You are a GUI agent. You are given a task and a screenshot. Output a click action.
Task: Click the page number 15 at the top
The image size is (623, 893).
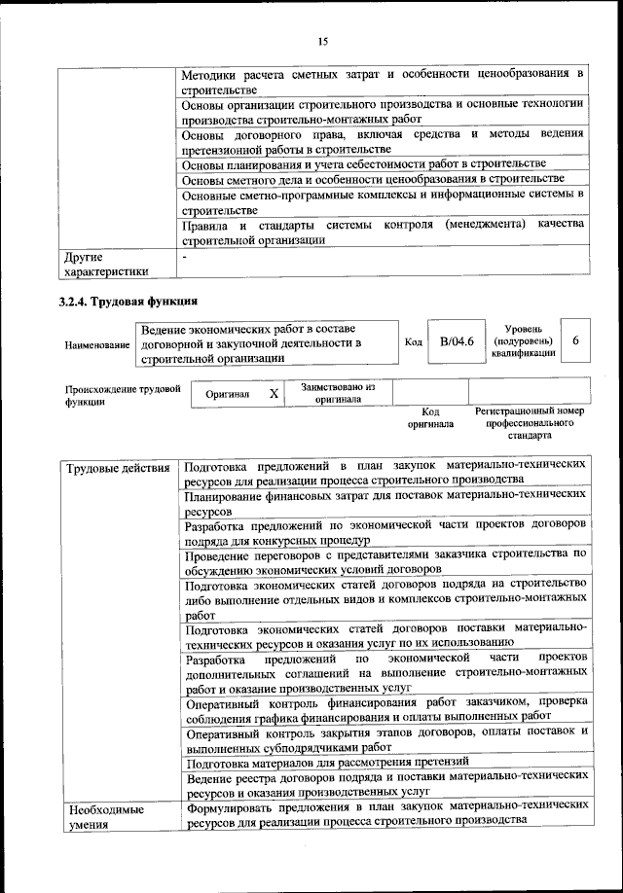coord(322,40)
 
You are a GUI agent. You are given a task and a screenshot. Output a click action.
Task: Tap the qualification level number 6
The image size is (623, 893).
coord(576,341)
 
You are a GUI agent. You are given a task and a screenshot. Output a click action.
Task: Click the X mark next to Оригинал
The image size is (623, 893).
coord(274,394)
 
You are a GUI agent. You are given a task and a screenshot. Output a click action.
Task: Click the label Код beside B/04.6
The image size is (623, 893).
coord(413,342)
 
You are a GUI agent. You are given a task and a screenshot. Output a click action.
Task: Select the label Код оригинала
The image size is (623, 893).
coord(430,418)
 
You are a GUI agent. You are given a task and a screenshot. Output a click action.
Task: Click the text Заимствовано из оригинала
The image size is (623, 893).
coord(338,393)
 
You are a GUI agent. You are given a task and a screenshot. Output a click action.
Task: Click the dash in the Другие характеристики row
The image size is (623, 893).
coord(185,256)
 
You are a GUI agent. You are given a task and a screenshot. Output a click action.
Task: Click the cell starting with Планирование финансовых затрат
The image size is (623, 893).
coord(385,502)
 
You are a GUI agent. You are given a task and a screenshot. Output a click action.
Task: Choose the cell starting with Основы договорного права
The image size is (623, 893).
coord(384,141)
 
